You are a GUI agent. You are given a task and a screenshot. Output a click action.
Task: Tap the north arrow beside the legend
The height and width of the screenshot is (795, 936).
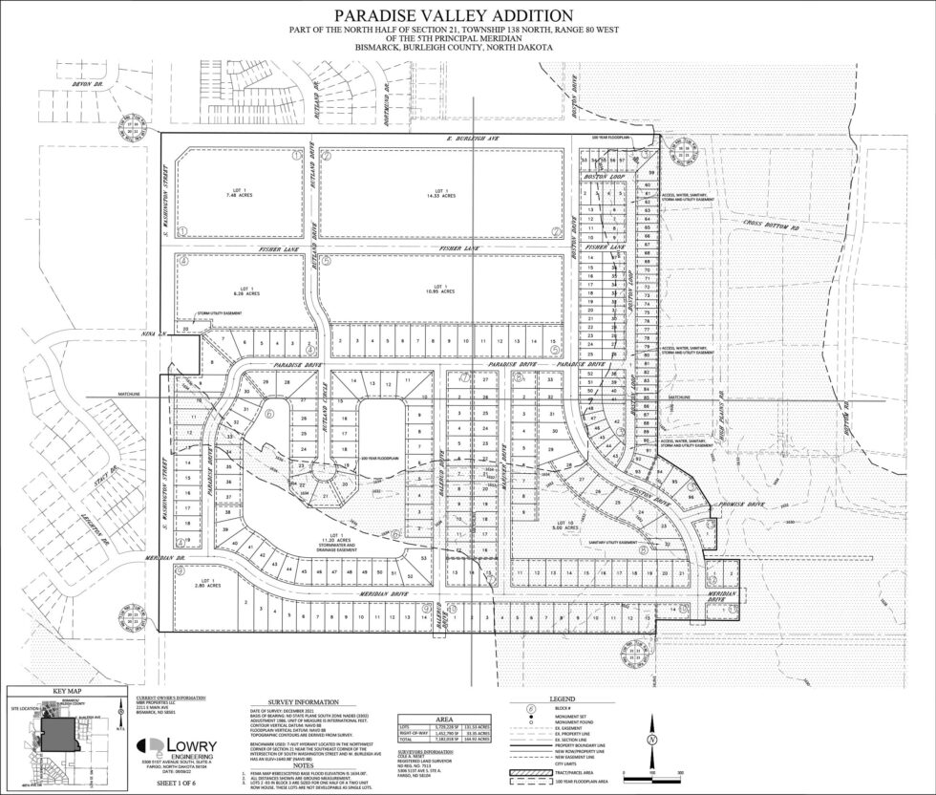pos(649,739)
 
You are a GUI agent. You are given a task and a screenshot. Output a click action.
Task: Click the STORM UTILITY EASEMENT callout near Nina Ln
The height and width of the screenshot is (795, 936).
pos(218,312)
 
